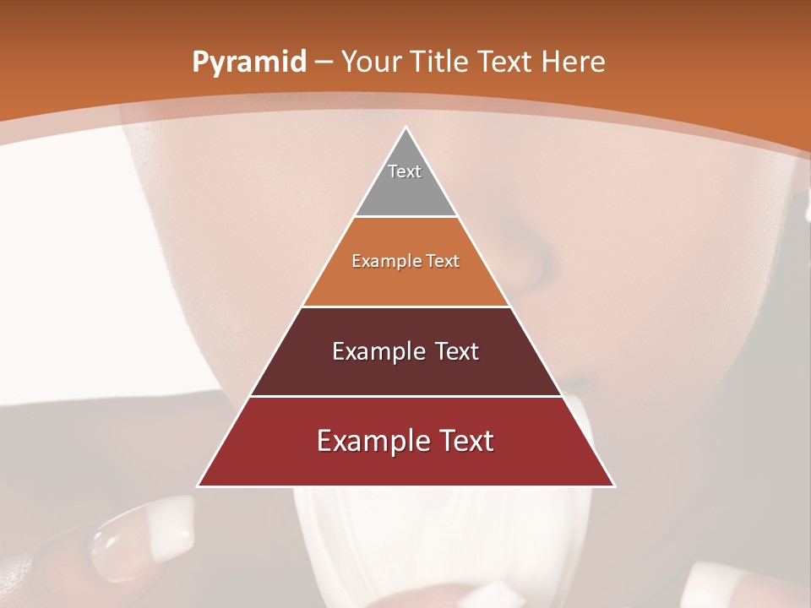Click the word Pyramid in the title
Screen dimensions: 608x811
coord(248,62)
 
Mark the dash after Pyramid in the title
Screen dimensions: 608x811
coord(323,62)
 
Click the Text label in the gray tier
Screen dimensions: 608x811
coord(405,171)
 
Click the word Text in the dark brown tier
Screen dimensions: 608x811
coord(457,351)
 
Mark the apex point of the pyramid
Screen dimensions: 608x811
coord(405,128)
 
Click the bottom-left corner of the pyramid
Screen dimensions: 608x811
coord(198,486)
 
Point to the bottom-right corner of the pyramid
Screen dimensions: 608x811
coord(614,486)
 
